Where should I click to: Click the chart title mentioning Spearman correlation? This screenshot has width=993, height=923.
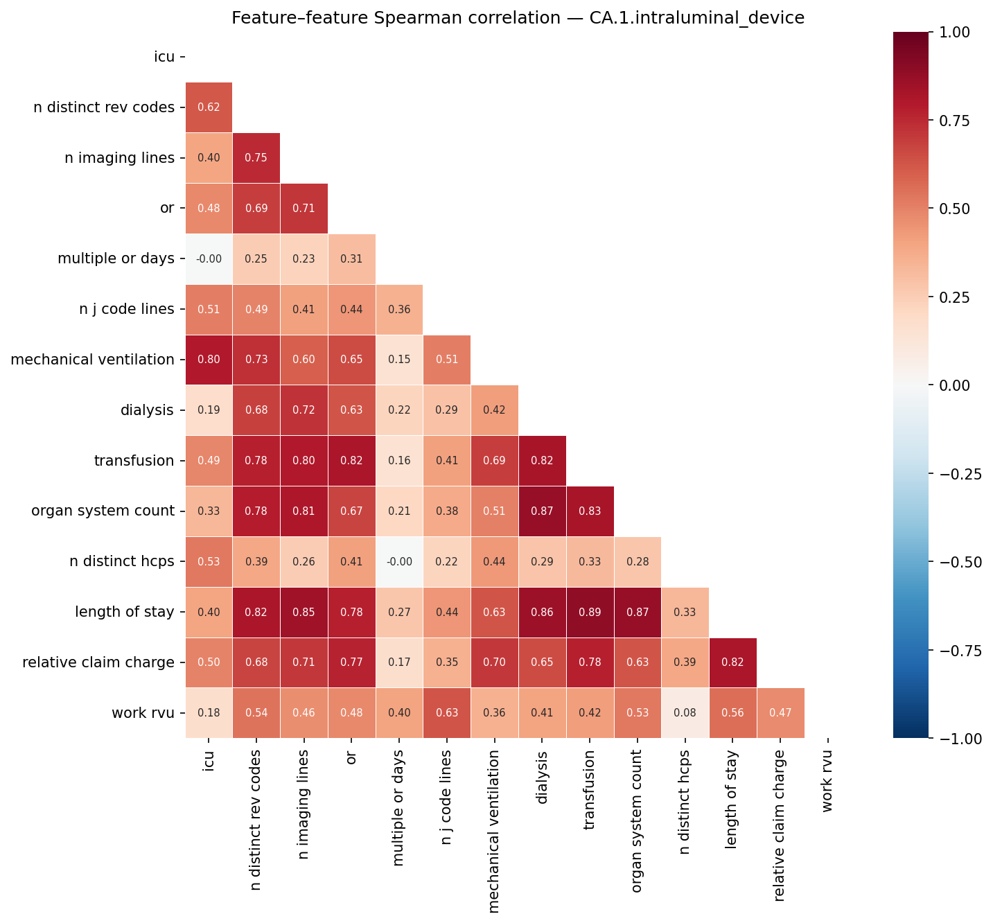(518, 18)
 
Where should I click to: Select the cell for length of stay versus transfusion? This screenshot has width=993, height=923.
(590, 613)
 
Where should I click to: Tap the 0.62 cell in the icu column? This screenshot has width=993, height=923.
(209, 107)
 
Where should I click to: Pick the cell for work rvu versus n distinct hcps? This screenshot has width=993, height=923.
(685, 713)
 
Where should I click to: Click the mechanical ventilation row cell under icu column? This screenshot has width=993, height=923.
(209, 360)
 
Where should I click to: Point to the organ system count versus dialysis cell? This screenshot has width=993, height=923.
(542, 511)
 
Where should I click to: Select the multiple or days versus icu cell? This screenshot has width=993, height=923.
(209, 259)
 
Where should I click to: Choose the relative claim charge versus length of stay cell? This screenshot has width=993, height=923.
(732, 662)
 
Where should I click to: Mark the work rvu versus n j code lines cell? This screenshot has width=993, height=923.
(447, 713)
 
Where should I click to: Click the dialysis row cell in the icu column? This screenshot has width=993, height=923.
(209, 410)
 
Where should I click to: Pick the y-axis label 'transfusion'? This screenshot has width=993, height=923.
(134, 461)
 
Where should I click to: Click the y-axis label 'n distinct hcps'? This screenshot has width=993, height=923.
(122, 562)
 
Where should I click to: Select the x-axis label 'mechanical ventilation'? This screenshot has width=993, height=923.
(494, 832)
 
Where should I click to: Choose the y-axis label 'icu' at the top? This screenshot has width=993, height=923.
(164, 57)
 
